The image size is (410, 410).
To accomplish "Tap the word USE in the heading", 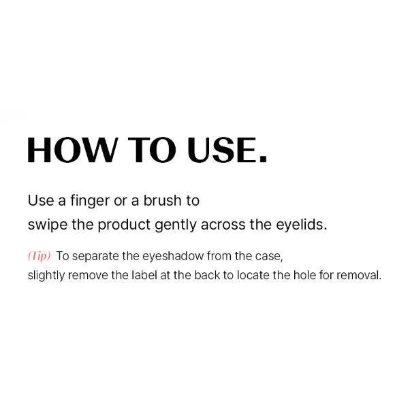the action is pyautogui.click(x=221, y=150).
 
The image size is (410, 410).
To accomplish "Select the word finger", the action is pyautogui.click(x=90, y=201).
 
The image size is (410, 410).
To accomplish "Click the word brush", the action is pyautogui.click(x=162, y=200).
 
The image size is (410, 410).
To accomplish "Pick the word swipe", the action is pyautogui.click(x=48, y=225).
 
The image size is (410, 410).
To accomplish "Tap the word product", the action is pyautogui.click(x=124, y=225).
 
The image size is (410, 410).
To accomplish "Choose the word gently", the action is pyautogui.click(x=175, y=225).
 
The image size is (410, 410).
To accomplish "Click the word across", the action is pyautogui.click(x=223, y=225).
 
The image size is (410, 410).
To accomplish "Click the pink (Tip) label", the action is pyautogui.click(x=40, y=256).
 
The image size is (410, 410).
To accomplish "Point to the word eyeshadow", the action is pyautogui.click(x=173, y=257).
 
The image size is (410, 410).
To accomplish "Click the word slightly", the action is pyautogui.click(x=46, y=276).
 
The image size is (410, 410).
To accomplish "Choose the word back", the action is pyautogui.click(x=207, y=275).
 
